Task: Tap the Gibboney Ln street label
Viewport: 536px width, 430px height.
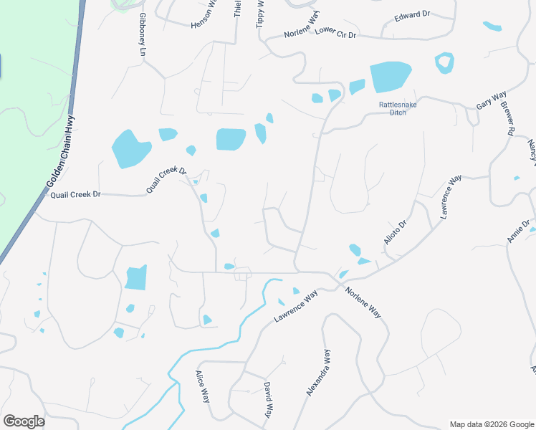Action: click(142, 35)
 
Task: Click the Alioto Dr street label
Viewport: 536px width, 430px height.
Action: click(396, 232)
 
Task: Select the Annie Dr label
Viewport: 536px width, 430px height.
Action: click(520, 230)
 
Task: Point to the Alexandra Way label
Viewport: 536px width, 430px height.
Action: click(319, 373)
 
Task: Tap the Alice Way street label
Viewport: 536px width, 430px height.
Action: click(203, 387)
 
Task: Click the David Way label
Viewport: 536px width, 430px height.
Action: click(267, 400)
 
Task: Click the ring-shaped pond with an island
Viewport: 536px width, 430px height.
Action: click(444, 63)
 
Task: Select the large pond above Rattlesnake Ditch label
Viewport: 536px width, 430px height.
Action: click(390, 77)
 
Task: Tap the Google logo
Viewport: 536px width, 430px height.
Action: click(24, 421)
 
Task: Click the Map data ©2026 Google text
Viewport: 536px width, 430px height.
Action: click(492, 424)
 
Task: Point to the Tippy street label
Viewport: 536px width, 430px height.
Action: click(260, 14)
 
